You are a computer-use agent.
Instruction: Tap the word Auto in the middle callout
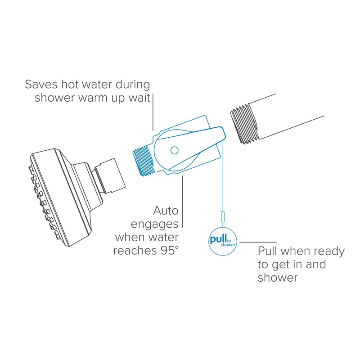tap(166, 210)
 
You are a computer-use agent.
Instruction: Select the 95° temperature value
tap(167, 251)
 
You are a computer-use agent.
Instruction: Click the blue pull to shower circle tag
tap(221, 241)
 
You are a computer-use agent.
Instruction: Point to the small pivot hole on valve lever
tap(175, 149)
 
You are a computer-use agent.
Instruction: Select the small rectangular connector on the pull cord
tap(221, 217)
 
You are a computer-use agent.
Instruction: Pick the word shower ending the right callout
tap(278, 277)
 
